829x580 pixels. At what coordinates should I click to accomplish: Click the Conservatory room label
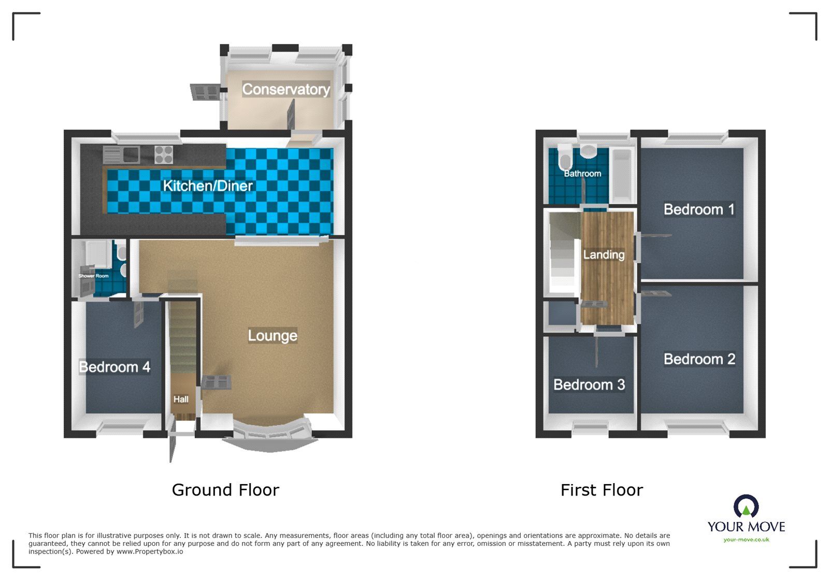(285, 89)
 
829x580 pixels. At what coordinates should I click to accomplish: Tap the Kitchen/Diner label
(208, 186)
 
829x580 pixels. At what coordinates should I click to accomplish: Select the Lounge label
(273, 335)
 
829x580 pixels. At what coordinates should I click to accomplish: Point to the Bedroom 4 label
(115, 367)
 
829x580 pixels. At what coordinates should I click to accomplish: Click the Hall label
(181, 399)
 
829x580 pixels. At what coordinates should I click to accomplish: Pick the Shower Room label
(94, 276)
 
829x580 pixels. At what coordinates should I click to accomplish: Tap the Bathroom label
(582, 174)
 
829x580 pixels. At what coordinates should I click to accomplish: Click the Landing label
(604, 254)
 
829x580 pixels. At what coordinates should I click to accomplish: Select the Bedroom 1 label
(699, 209)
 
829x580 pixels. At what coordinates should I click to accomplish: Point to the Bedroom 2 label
(699, 359)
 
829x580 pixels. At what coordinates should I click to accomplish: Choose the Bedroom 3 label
(589, 385)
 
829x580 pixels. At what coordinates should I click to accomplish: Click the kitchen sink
(121, 154)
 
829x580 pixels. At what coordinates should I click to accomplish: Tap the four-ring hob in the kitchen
(164, 154)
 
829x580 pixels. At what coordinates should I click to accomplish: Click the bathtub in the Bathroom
(622, 175)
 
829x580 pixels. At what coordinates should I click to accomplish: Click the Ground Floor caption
(225, 490)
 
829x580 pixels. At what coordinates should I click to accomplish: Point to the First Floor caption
(602, 490)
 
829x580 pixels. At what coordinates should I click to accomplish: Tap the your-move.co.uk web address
(746, 540)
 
